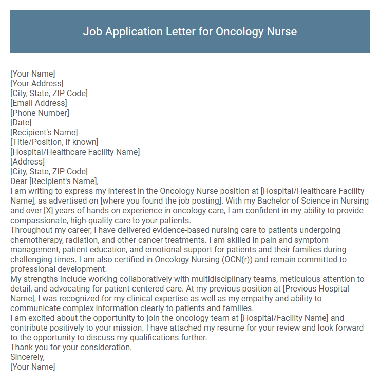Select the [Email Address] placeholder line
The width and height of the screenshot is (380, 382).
39,103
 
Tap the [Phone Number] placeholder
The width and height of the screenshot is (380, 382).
40,113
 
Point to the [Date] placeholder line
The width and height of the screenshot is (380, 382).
21,122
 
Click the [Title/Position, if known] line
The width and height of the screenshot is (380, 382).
54,142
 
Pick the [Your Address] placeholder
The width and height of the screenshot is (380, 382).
37,83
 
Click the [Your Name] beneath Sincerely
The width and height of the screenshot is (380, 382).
33,367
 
